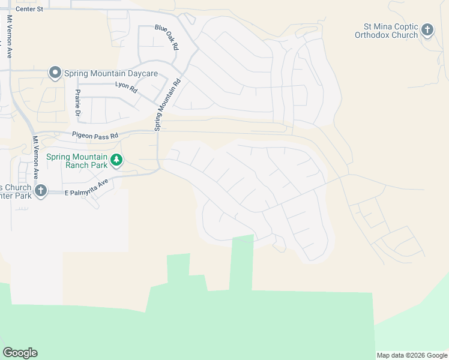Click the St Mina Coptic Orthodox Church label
click(x=391, y=31)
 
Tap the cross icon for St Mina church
click(x=427, y=29)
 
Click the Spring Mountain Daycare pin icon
click(x=55, y=73)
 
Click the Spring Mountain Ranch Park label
click(x=77, y=161)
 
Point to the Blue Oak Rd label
click(x=167, y=37)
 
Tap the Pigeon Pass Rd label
click(x=95, y=136)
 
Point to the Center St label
click(x=29, y=9)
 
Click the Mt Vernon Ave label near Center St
click(x=10, y=36)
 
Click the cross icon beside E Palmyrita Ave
click(x=40, y=191)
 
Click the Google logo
click(x=20, y=353)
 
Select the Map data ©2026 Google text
click(x=411, y=355)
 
